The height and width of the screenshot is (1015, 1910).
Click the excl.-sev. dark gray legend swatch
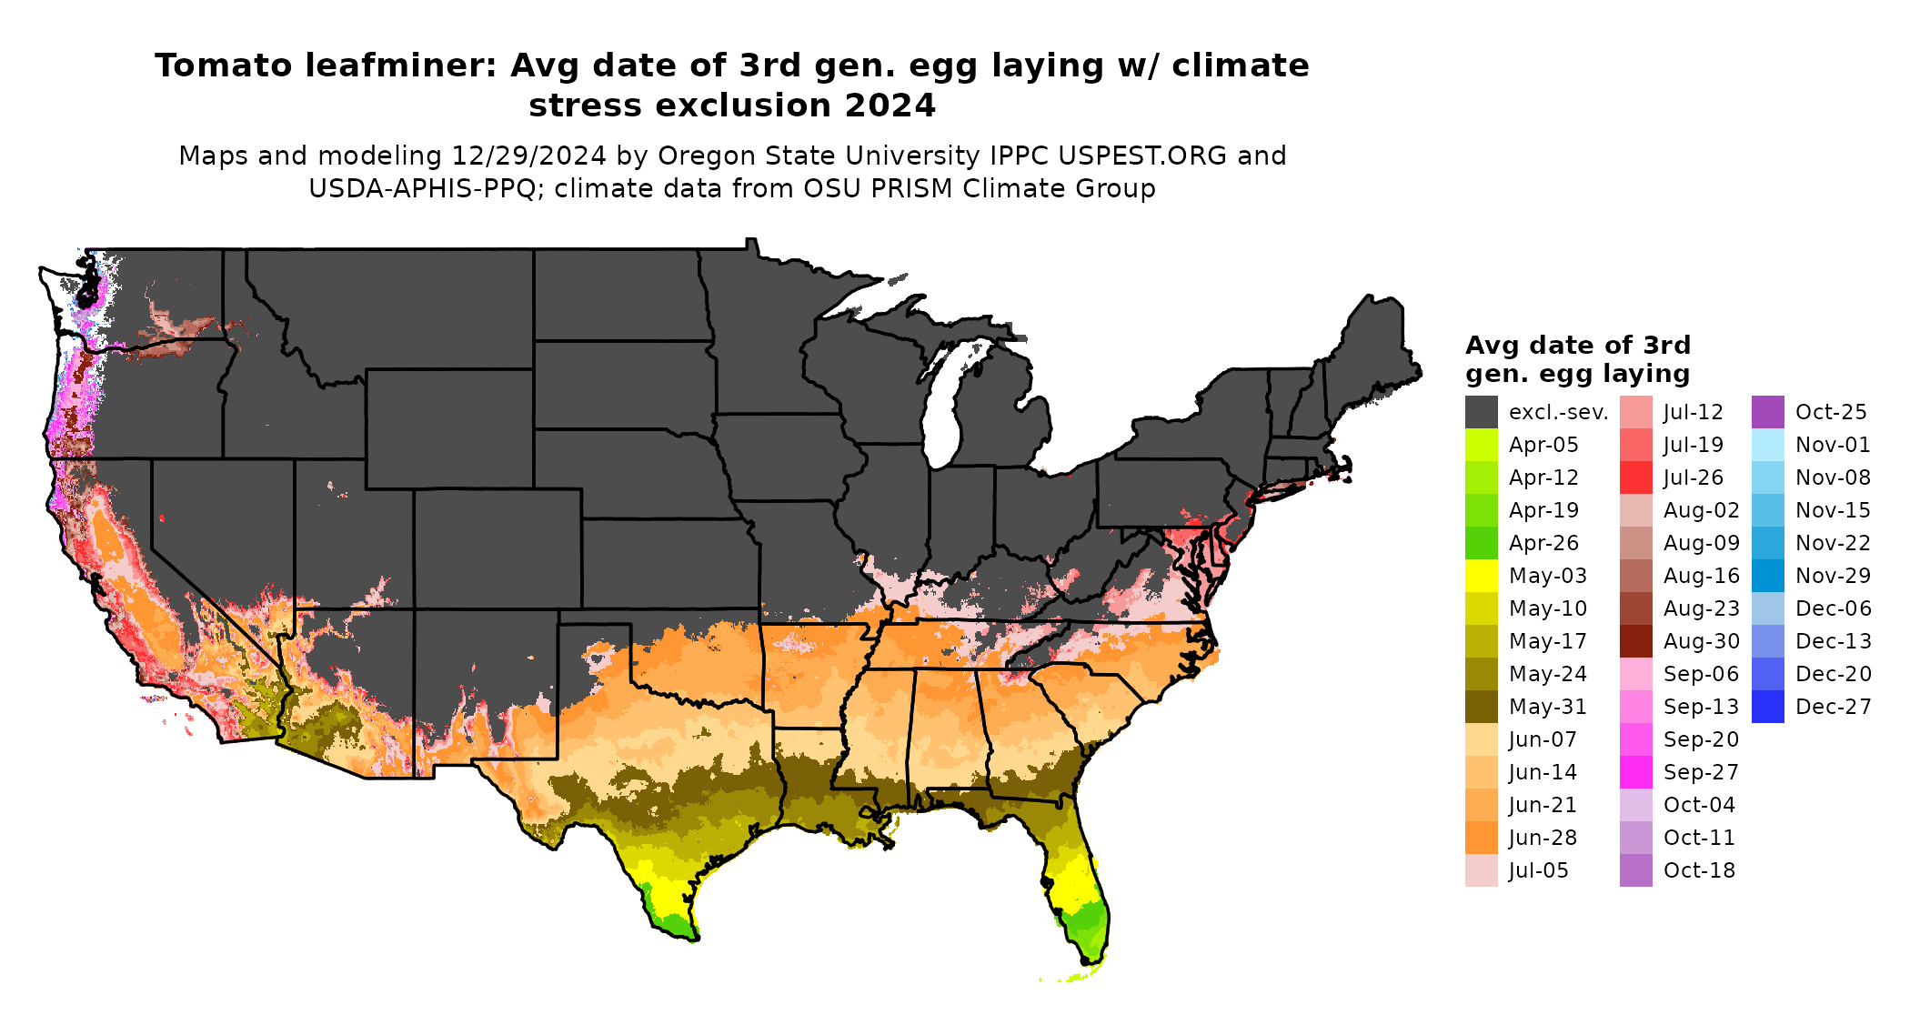tap(1481, 412)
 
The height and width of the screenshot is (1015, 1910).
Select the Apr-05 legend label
tap(1543, 445)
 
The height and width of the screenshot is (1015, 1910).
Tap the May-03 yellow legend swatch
tap(1481, 576)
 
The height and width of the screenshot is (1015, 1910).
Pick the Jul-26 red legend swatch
tap(1635, 477)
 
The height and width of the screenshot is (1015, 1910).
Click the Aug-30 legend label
tap(1701, 641)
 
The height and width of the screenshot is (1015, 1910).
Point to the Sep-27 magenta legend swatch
tap(1635, 772)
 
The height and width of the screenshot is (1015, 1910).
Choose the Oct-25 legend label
tap(1831, 412)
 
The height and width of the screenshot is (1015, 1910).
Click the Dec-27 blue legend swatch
tap(1767, 707)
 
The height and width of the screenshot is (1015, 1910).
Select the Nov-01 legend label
tap(1833, 445)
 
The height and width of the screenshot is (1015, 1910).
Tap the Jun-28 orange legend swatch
tap(1481, 838)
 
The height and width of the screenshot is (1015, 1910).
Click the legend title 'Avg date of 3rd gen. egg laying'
tap(1577, 359)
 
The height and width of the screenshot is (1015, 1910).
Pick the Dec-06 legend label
tap(1833, 608)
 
